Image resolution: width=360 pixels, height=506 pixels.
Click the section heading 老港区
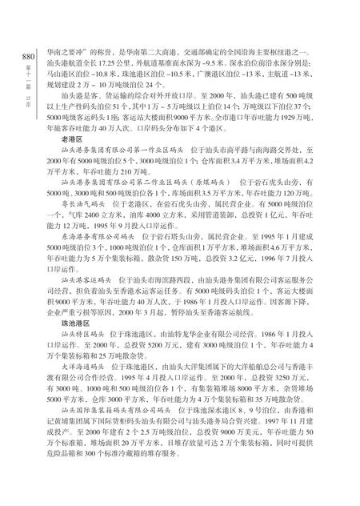61,160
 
